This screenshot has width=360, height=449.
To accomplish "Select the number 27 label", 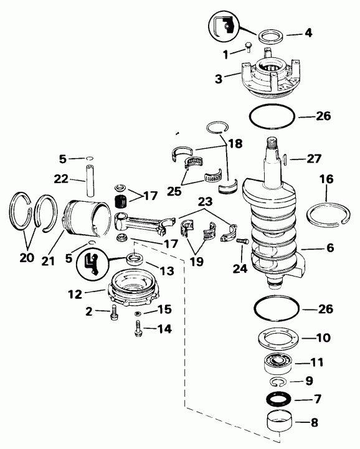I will point(314,159).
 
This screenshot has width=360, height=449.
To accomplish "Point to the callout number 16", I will point(326,179).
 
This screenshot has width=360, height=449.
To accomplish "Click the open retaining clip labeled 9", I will point(278,381).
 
